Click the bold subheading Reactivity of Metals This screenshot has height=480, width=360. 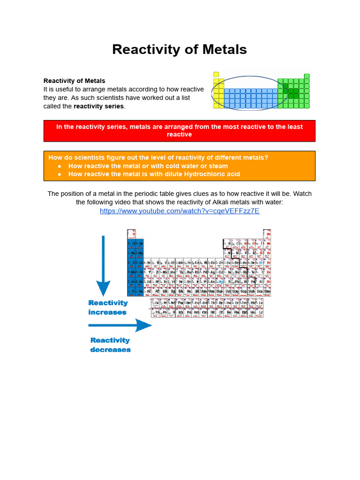click(74, 81)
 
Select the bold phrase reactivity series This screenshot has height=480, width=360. click(99, 106)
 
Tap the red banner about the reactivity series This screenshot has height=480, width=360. click(179, 130)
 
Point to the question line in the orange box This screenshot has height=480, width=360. click(158, 157)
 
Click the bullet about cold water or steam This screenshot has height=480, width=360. click(148, 166)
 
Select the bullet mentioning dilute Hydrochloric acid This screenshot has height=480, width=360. click(154, 174)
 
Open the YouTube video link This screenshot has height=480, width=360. click(180, 211)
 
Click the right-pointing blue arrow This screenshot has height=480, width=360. click(120, 325)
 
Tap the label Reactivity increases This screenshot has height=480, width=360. click(108, 307)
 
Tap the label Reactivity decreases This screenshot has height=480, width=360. click(110, 345)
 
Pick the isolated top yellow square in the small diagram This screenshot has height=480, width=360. click(216, 74)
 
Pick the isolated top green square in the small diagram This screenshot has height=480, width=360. click(307, 76)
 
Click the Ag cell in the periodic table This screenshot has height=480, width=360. click(212, 272)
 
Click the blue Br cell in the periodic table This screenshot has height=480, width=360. click(261, 262)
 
